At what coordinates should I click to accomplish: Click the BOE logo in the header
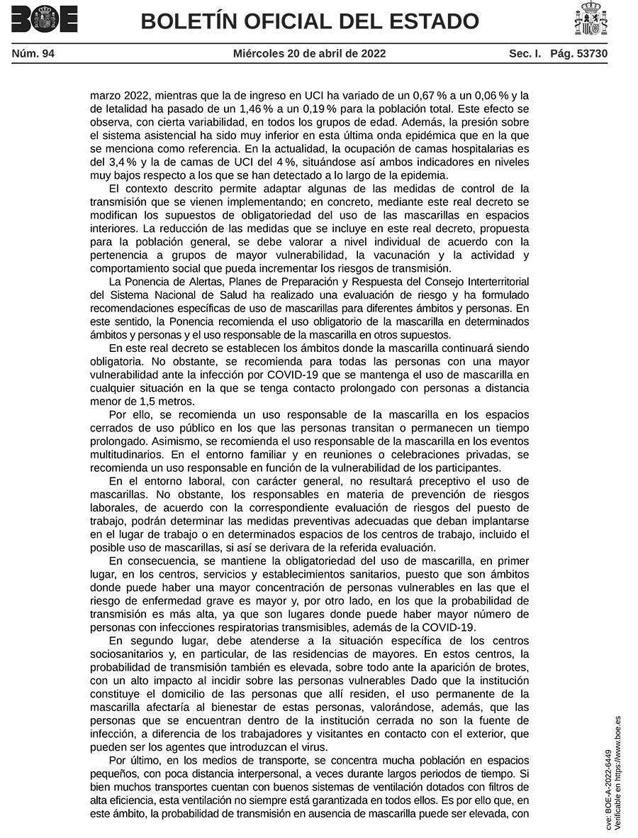coord(44,19)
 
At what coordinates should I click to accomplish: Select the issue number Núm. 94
coord(33,53)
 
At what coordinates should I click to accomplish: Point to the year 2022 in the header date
coord(373,53)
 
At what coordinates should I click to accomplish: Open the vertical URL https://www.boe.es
coord(617,752)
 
